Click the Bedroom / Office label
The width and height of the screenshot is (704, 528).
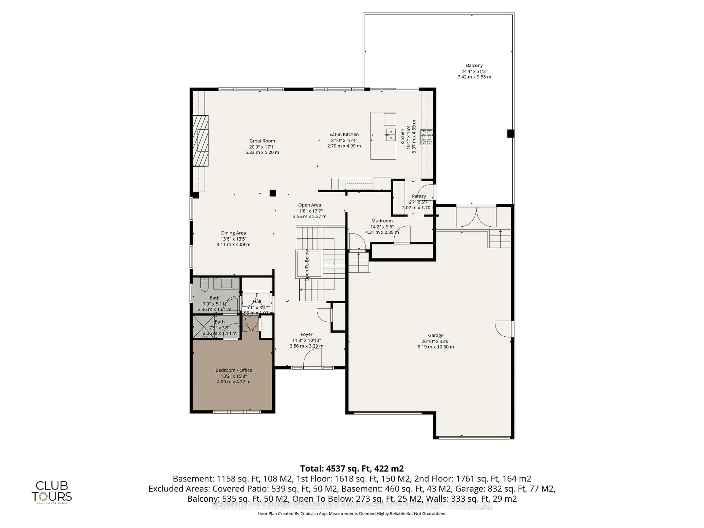coord(234,370)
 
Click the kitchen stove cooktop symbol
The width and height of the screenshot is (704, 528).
coord(426,137)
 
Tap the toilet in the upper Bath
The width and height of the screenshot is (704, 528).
coord(204,285)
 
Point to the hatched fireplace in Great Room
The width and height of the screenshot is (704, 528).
coord(201,141)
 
